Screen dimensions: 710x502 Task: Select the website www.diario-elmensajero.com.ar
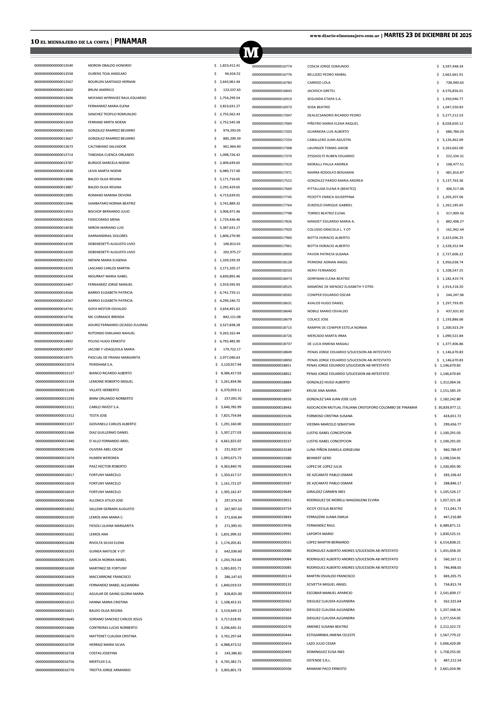pyautogui.click(x=344, y=36)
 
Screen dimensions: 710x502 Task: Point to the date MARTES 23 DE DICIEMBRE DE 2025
pyautogui.click(x=428, y=35)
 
